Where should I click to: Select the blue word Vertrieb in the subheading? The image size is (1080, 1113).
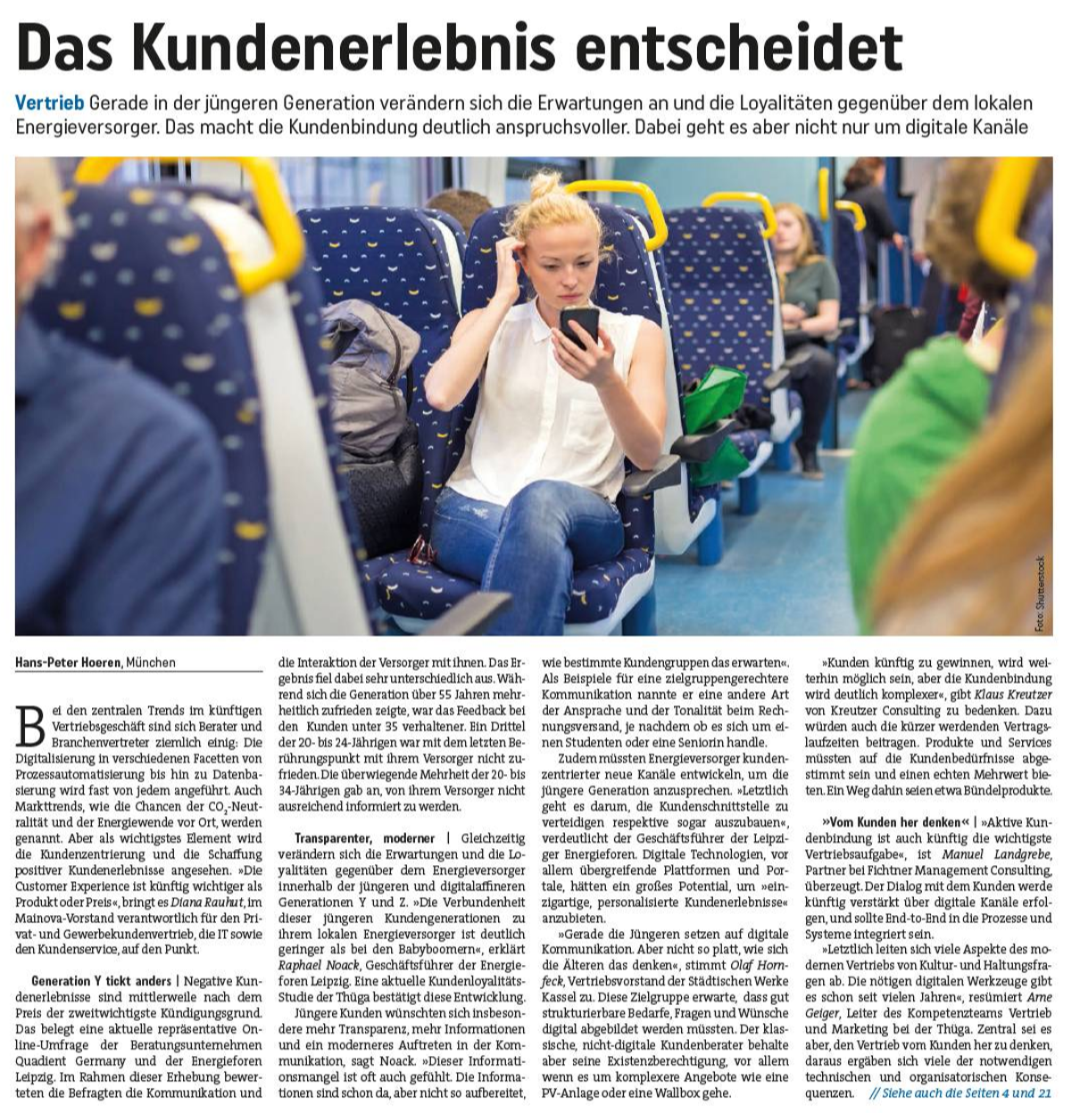49,103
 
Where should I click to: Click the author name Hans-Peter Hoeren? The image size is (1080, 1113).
68,663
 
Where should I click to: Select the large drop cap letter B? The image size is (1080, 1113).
30,726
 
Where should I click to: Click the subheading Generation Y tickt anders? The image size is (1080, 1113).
102,981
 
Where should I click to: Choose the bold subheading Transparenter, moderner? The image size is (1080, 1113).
364,838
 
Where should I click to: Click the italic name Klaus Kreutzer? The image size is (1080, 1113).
1012,695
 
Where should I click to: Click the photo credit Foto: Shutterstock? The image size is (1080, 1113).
1039,594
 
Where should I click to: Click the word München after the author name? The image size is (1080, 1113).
151,663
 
